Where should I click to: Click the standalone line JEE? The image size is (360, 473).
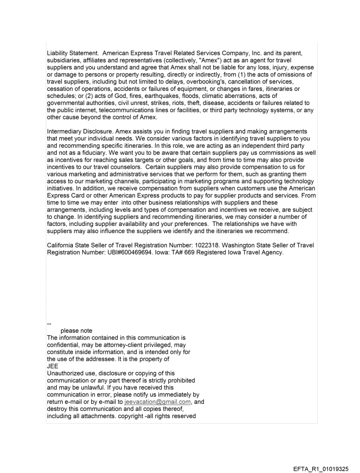point(52,359)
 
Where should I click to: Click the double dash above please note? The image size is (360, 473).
point(49,324)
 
